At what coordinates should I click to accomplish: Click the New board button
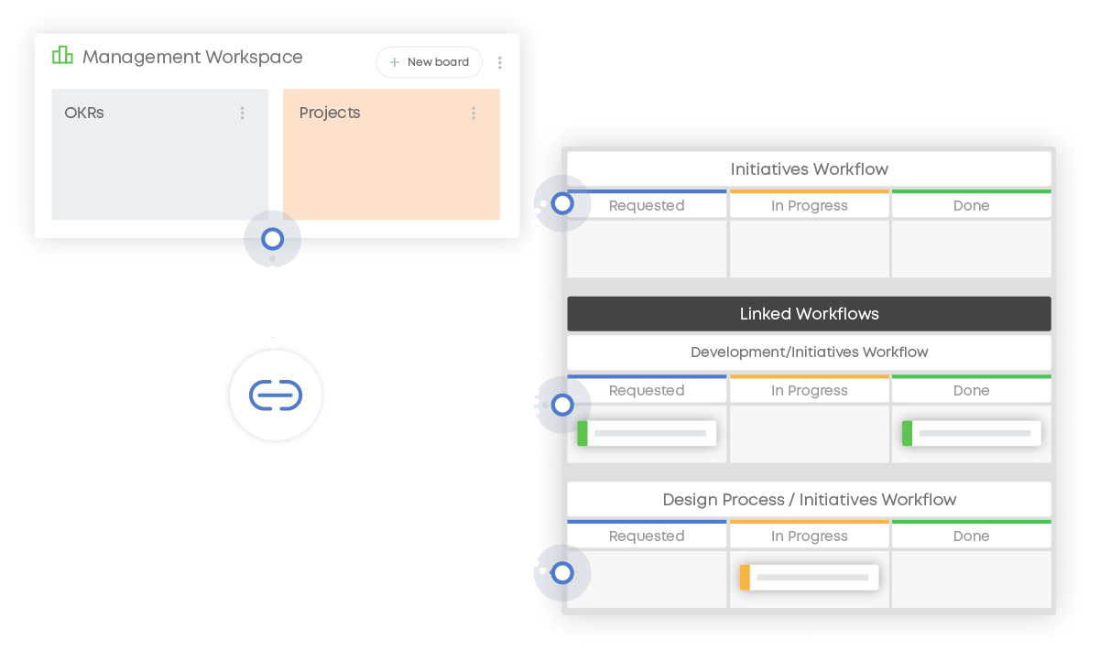click(x=429, y=62)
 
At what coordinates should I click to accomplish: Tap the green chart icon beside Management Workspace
click(x=62, y=56)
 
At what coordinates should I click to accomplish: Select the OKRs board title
click(x=84, y=114)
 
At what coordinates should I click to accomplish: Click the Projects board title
click(x=330, y=114)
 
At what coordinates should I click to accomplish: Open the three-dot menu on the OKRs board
click(x=243, y=114)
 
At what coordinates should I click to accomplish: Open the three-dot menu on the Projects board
click(x=474, y=114)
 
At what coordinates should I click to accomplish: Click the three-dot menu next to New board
click(x=500, y=63)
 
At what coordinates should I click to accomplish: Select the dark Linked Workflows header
click(x=809, y=314)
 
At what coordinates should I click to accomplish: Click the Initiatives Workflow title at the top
click(x=809, y=169)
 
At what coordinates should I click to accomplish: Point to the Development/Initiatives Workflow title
click(x=809, y=352)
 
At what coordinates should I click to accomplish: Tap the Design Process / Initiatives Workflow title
click(x=809, y=500)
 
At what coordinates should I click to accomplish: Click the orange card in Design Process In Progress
click(x=809, y=578)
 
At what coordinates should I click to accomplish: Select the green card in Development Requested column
click(x=647, y=433)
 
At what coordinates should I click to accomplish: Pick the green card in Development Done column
click(x=971, y=433)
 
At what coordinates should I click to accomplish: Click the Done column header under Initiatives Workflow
click(x=971, y=206)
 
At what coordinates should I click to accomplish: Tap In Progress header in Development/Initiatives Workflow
click(x=809, y=391)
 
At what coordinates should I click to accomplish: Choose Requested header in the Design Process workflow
click(x=647, y=536)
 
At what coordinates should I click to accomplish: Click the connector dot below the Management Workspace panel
click(x=272, y=239)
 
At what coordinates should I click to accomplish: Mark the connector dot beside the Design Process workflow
click(x=562, y=574)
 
